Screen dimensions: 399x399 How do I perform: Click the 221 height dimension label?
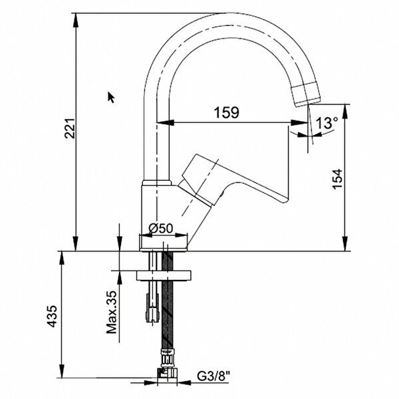(x=70, y=128)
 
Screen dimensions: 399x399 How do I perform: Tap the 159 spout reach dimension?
(x=227, y=112)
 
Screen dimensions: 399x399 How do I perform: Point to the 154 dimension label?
(x=338, y=179)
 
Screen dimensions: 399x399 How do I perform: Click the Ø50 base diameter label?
(x=161, y=228)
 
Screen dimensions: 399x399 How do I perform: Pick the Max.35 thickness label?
(x=112, y=312)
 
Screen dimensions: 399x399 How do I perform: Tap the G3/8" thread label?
(x=213, y=376)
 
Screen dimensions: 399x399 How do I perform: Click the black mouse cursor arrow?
(x=111, y=98)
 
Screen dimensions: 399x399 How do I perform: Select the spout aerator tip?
(x=306, y=94)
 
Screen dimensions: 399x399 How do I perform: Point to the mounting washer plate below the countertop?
(x=164, y=275)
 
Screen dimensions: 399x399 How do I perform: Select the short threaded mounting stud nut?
(x=152, y=308)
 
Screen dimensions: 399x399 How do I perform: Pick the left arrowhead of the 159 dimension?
(x=166, y=122)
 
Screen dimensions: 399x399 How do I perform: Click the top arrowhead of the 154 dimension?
(x=345, y=111)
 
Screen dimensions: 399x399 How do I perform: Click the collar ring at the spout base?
(x=157, y=183)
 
